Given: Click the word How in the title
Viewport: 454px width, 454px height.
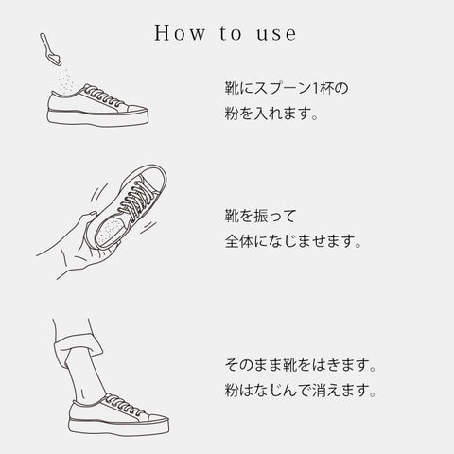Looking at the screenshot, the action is (x=180, y=33).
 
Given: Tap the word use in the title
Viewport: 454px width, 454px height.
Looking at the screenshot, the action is (x=276, y=34).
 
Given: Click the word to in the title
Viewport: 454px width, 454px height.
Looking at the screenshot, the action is (x=231, y=33).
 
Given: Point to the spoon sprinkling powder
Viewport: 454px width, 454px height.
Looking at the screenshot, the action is (x=50, y=49).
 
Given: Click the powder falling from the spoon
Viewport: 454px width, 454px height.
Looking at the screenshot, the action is (x=65, y=79).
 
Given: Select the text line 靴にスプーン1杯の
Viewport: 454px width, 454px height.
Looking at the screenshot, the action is (x=287, y=88).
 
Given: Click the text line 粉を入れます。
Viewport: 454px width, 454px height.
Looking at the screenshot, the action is (x=271, y=113).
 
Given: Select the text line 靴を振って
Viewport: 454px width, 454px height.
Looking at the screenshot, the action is (x=260, y=216).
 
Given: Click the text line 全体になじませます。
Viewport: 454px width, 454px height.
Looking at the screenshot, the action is (x=293, y=241).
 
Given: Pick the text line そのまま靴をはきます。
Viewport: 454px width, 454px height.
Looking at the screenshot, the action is (x=300, y=365).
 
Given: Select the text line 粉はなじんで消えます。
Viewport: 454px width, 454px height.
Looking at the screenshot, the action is (x=300, y=390).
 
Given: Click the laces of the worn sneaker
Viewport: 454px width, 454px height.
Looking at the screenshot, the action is (x=124, y=404).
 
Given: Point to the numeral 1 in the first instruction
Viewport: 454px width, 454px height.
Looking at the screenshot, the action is (x=315, y=88).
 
